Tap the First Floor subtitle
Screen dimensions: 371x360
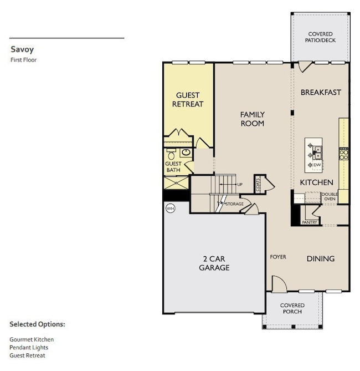tap(23, 59)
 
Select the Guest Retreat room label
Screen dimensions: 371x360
tap(188, 100)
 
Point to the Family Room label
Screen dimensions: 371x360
tap(252, 119)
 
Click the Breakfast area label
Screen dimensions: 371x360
tap(321, 92)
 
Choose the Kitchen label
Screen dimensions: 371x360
tap(316, 182)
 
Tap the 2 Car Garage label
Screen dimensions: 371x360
tap(214, 263)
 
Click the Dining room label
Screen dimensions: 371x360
tap(321, 258)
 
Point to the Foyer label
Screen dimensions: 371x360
tap(278, 257)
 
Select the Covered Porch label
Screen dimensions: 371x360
tap(292, 308)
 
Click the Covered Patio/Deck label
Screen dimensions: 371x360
tap(321, 37)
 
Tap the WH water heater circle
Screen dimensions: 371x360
tap(169, 209)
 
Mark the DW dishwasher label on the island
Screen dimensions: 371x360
tap(317, 165)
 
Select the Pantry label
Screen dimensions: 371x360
tap(310, 222)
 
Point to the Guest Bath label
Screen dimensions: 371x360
tap(173, 167)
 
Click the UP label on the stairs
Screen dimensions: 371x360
tap(240, 184)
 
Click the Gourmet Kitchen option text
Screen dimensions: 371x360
tap(32, 339)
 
